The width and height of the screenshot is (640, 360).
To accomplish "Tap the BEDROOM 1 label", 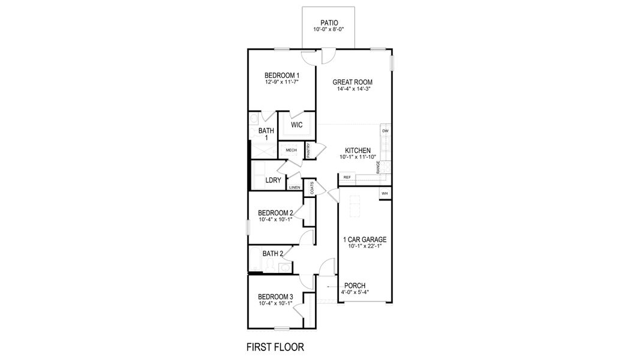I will click(282, 75).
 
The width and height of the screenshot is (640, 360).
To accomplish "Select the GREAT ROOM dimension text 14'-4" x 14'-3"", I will click(354, 89).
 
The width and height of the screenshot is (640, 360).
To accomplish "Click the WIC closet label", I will click(296, 125).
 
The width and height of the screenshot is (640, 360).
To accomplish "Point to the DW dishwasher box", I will click(385, 131).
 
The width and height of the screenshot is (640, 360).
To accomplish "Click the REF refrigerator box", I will click(347, 178).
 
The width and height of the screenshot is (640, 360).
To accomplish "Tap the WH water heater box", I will click(384, 193).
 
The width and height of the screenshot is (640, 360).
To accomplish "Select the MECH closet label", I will click(291, 150).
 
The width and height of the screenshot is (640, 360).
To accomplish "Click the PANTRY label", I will click(308, 150).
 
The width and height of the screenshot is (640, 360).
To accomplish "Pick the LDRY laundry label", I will click(273, 180).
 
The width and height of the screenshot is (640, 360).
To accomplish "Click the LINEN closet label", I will click(295, 188).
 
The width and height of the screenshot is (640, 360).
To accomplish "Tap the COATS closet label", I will click(312, 188).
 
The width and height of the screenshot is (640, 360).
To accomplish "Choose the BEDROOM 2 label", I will click(275, 213).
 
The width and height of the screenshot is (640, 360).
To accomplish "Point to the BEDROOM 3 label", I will click(275, 297).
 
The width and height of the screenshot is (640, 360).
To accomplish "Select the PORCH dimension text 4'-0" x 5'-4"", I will click(354, 293).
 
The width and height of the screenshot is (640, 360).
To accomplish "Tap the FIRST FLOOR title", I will click(275, 347).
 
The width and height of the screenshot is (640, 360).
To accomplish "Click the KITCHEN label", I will click(357, 151).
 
